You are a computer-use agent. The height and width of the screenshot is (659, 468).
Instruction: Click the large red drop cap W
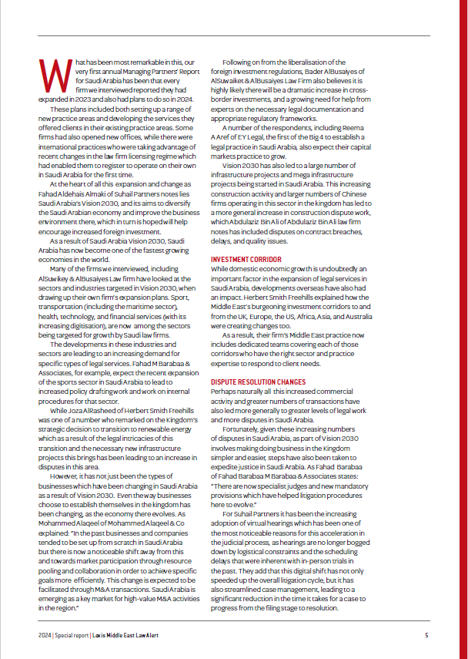(51, 74)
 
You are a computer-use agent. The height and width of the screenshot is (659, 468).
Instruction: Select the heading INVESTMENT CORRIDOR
(245, 259)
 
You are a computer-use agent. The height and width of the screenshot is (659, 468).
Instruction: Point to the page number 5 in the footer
(426, 636)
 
